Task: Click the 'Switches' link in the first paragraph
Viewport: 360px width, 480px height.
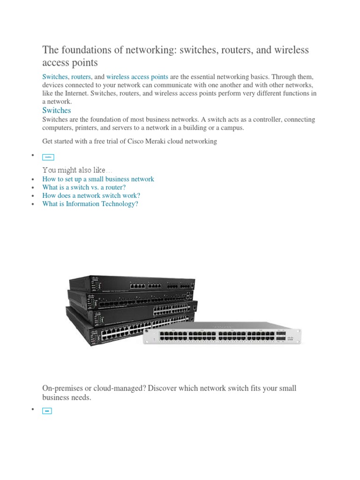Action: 55,76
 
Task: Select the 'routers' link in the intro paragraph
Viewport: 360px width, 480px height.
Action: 81,76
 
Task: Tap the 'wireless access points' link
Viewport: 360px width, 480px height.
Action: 137,76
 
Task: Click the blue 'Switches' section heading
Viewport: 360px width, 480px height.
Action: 56,111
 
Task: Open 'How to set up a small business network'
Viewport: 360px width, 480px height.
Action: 98,179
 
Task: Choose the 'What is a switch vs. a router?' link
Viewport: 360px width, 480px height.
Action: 84,187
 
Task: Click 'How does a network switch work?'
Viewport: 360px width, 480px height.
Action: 91,195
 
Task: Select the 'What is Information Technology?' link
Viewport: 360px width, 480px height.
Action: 90,204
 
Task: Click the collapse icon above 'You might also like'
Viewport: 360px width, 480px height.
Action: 48,157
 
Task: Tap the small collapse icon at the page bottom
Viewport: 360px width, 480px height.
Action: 47,411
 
